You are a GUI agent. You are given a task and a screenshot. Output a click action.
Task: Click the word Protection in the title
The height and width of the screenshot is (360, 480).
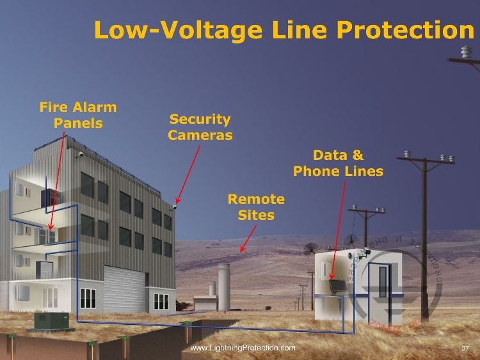pyautogui.click(x=405, y=31)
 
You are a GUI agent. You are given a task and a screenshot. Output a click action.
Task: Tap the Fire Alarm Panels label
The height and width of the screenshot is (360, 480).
pyautogui.click(x=78, y=114)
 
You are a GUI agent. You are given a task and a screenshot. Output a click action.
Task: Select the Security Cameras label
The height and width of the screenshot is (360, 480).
pyautogui.click(x=200, y=127)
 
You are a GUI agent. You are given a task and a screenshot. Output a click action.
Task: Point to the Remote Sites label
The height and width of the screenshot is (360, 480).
pyautogui.click(x=256, y=207)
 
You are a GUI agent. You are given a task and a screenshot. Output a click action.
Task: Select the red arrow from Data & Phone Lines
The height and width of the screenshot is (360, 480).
pyautogui.click(x=339, y=231)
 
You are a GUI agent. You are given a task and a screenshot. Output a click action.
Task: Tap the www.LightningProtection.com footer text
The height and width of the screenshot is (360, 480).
pyautogui.click(x=243, y=348)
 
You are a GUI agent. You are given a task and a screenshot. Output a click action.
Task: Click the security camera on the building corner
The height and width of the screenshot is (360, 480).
pyautogui.click(x=173, y=207)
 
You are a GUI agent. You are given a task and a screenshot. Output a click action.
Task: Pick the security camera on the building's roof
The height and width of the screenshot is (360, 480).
pyautogui.click(x=79, y=154)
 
